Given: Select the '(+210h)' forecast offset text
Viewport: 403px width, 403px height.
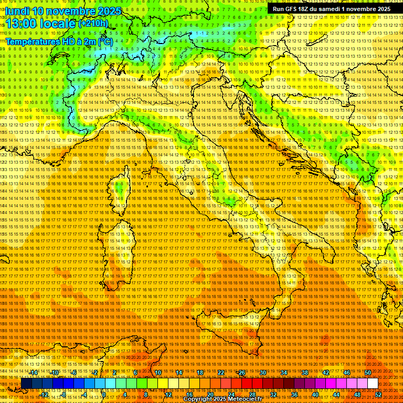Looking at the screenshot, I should (93, 23).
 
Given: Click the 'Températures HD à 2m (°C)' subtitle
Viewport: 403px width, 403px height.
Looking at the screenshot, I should (59, 41).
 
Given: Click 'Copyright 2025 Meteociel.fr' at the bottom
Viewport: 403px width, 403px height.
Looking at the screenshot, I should (222, 399).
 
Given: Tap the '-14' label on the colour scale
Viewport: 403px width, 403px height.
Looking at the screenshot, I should (35, 373).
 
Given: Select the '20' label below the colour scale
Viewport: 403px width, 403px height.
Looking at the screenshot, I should (210, 394).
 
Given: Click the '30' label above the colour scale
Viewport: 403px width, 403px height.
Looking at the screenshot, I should (262, 373).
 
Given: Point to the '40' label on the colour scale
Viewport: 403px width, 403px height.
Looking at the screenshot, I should (315, 394).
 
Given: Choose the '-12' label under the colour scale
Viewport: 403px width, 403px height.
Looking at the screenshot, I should (45, 394).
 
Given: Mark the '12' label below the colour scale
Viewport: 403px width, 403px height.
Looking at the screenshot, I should (168, 394).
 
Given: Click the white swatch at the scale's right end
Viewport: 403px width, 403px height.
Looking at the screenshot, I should (373, 384).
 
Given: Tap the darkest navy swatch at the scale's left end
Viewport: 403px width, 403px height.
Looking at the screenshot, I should (26, 384).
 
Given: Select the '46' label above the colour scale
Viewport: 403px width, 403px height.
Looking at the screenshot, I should (346, 373).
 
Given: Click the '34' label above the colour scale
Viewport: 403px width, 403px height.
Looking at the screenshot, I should (283, 373).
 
